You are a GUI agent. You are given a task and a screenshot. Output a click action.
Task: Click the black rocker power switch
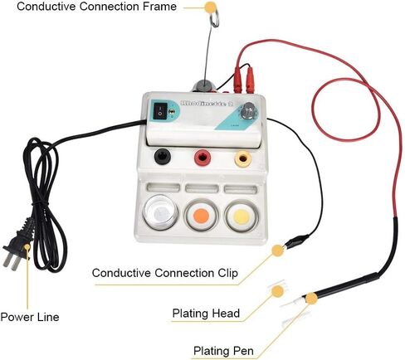tap(161, 111)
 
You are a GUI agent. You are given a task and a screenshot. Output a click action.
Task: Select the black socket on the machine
tap(163, 157)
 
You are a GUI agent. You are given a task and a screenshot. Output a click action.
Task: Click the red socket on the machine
tap(202, 158)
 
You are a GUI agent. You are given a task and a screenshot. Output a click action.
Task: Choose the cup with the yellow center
tap(242, 216)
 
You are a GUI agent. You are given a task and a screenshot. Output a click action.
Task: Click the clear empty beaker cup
tap(160, 212)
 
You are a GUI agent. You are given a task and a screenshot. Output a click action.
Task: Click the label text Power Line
tap(30, 317)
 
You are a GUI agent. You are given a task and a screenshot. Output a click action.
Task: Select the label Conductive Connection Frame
tap(96, 7)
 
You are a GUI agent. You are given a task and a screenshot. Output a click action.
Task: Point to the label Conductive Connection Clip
tap(165, 273)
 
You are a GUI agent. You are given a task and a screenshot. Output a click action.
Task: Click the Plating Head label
tap(206, 314)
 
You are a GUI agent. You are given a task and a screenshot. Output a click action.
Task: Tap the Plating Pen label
tap(223, 351)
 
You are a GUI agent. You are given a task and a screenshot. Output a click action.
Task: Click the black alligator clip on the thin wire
tap(296, 240)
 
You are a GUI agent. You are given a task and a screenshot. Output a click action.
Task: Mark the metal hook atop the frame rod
tap(214, 17)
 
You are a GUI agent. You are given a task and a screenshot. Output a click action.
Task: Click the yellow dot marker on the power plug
tap(27, 247)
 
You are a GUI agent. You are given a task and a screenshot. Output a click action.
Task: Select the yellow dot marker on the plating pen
tap(311, 299)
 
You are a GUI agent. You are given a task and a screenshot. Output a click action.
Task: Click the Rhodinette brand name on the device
tap(207, 104)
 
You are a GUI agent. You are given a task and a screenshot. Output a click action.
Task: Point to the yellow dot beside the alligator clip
tap(277, 251)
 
